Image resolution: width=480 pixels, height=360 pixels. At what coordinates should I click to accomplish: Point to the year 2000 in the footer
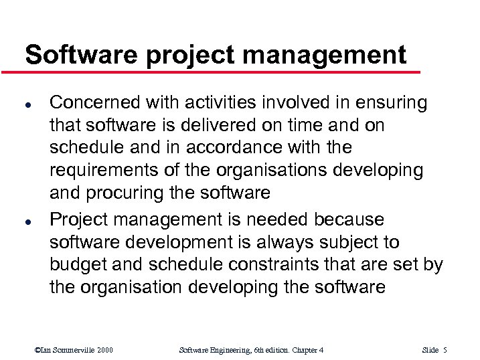[104, 349]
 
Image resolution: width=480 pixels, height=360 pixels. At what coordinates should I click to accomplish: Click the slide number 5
[445, 349]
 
